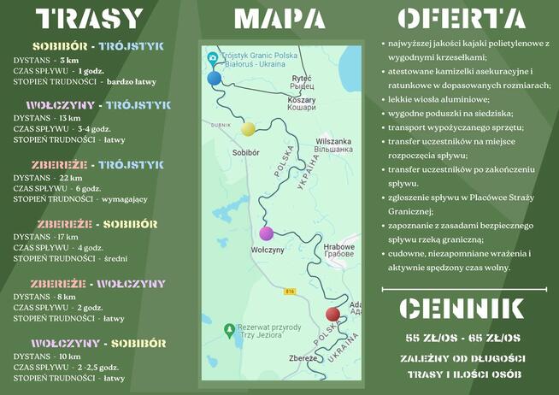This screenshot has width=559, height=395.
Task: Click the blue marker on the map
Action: click(214, 78)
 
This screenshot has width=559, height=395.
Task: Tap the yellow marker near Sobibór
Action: click(248, 129)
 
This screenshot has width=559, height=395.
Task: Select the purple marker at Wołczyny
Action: click(267, 233)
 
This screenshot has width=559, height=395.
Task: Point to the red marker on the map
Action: click(332, 314)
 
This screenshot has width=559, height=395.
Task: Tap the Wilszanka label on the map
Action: click(333, 141)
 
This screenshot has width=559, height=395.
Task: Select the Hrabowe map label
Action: click(338, 246)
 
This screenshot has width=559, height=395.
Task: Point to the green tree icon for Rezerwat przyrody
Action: click(227, 329)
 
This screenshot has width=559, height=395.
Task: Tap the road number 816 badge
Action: click(290, 292)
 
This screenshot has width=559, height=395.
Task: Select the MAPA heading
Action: click(279, 19)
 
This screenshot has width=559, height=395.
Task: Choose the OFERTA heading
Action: click(461, 19)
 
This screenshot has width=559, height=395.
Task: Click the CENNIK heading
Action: click(462, 309)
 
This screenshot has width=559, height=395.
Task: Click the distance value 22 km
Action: click(71, 178)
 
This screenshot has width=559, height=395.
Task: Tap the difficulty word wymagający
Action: click(125, 198)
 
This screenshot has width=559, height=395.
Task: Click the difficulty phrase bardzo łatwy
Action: click(131, 81)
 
